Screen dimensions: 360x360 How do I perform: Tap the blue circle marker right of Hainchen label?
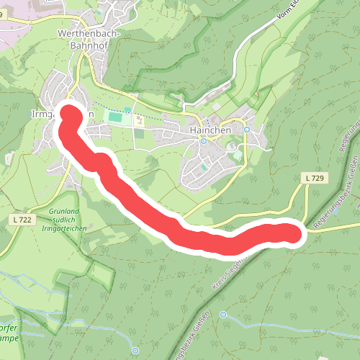[246, 130]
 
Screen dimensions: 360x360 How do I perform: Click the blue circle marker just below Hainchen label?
[204, 141]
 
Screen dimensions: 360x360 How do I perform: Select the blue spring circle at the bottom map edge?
[135, 350]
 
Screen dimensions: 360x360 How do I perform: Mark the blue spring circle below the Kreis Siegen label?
[223, 315]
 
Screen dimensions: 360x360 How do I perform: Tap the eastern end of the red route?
[292, 233]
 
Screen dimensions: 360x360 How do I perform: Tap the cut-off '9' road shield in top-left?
[4, 14]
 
